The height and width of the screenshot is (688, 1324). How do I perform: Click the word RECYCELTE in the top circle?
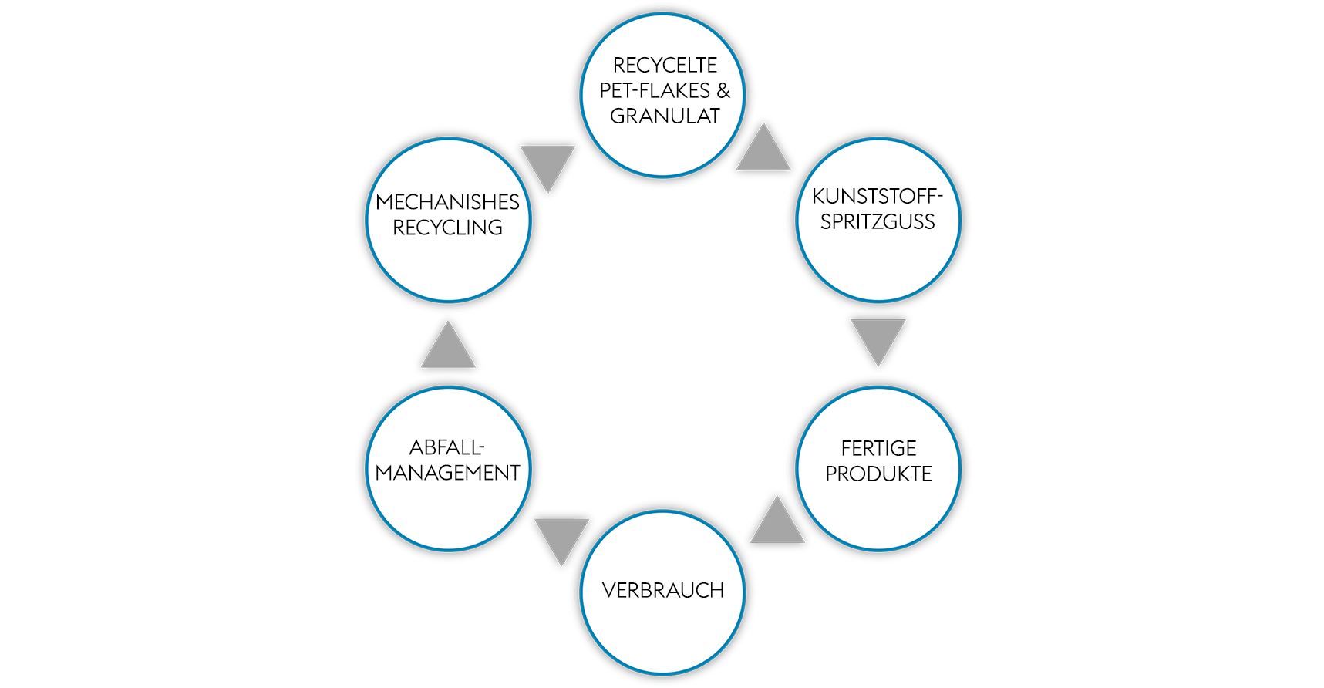pos(665,66)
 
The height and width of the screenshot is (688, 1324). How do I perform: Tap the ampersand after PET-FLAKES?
pos(723,91)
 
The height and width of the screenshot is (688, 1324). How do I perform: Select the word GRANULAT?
pos(665,116)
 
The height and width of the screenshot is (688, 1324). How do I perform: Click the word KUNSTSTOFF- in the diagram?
pos(878,197)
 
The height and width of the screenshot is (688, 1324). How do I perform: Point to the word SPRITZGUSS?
pos(878,222)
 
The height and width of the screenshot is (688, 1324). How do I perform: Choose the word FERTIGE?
pos(878,448)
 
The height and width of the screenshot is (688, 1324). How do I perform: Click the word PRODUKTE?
pos(878,474)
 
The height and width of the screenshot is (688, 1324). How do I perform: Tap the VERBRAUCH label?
pos(663,591)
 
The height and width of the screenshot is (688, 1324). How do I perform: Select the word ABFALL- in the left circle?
pos(447,447)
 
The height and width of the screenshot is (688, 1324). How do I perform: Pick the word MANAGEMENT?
pos(447,473)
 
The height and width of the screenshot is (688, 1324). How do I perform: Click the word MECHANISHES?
pos(447,202)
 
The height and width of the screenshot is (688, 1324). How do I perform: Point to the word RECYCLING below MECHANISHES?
pos(447,228)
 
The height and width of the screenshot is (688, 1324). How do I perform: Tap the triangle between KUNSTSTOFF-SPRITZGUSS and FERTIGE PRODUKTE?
pos(878,338)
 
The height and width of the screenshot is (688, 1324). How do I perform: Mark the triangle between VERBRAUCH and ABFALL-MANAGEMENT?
pos(561,538)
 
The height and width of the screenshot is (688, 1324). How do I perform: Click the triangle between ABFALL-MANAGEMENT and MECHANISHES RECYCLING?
pos(448,349)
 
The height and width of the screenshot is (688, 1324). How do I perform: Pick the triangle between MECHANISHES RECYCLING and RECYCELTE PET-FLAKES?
pos(547,164)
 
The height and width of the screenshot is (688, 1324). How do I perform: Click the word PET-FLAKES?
pos(655,91)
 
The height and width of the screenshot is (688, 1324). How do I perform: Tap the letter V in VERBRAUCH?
pos(608,591)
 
